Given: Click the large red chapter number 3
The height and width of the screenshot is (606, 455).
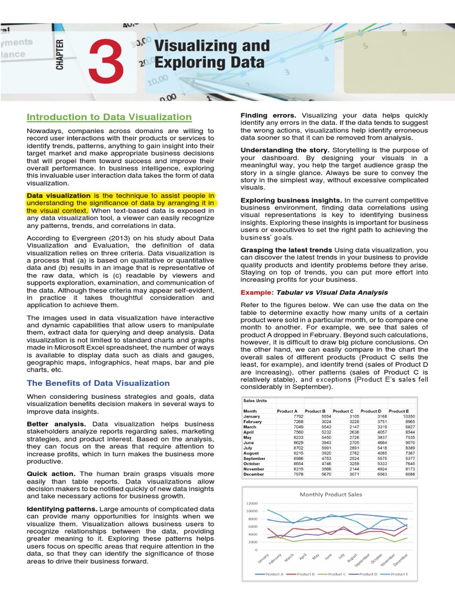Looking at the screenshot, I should [106, 63].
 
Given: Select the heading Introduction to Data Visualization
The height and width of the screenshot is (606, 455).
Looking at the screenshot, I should [109, 117].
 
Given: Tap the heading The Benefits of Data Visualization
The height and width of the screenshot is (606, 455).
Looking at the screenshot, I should [98, 383].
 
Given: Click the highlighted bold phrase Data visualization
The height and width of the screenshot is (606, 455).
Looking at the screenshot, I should [59, 195].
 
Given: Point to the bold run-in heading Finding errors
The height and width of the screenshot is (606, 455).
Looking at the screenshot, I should [269, 115].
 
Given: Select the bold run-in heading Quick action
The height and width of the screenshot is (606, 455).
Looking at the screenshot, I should [51, 474].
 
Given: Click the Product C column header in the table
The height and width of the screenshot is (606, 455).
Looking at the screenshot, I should [342, 411].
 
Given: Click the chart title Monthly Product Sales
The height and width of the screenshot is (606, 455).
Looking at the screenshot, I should [331, 494].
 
